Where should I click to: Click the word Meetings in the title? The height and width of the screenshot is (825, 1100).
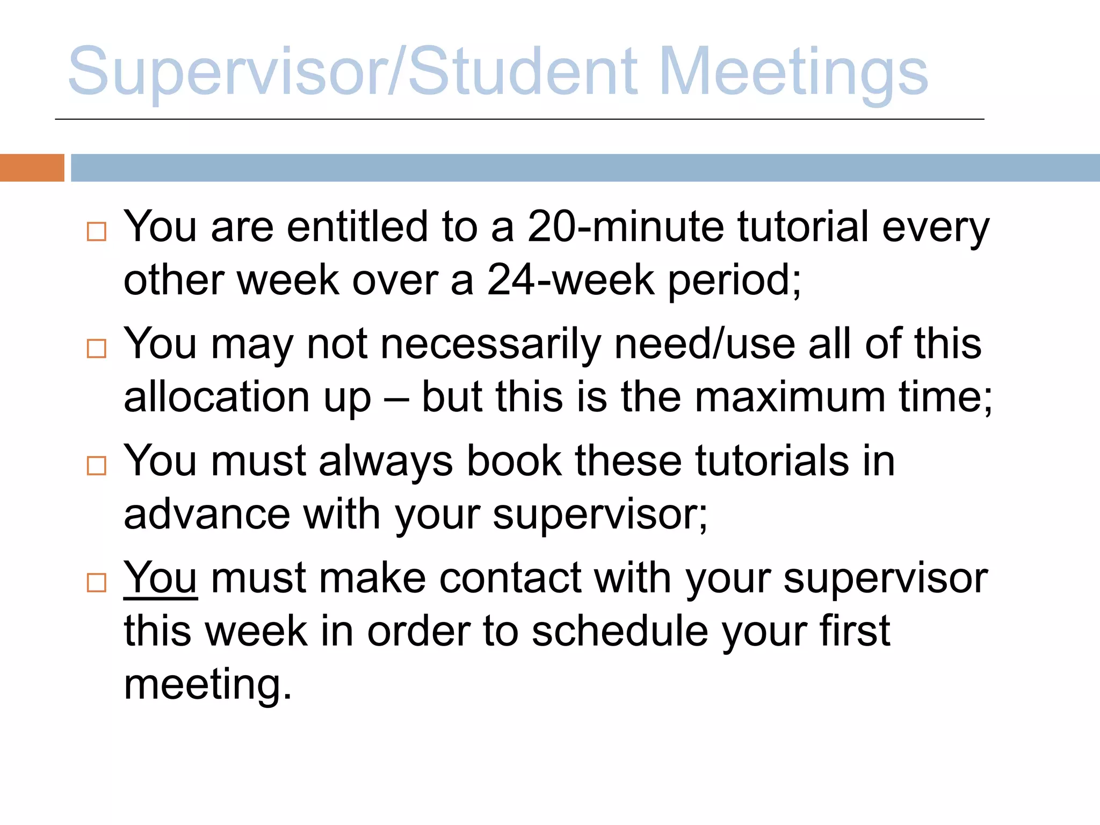coord(793,73)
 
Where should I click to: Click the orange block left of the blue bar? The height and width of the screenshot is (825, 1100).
coord(32,168)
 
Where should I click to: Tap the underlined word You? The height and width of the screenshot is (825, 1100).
coord(160,578)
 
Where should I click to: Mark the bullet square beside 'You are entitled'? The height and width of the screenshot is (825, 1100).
coord(97,232)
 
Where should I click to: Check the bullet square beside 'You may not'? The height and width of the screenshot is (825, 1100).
coord(97,349)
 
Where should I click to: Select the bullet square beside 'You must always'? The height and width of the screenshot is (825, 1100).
coord(97,466)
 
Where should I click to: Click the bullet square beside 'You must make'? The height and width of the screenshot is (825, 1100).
coord(97,583)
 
